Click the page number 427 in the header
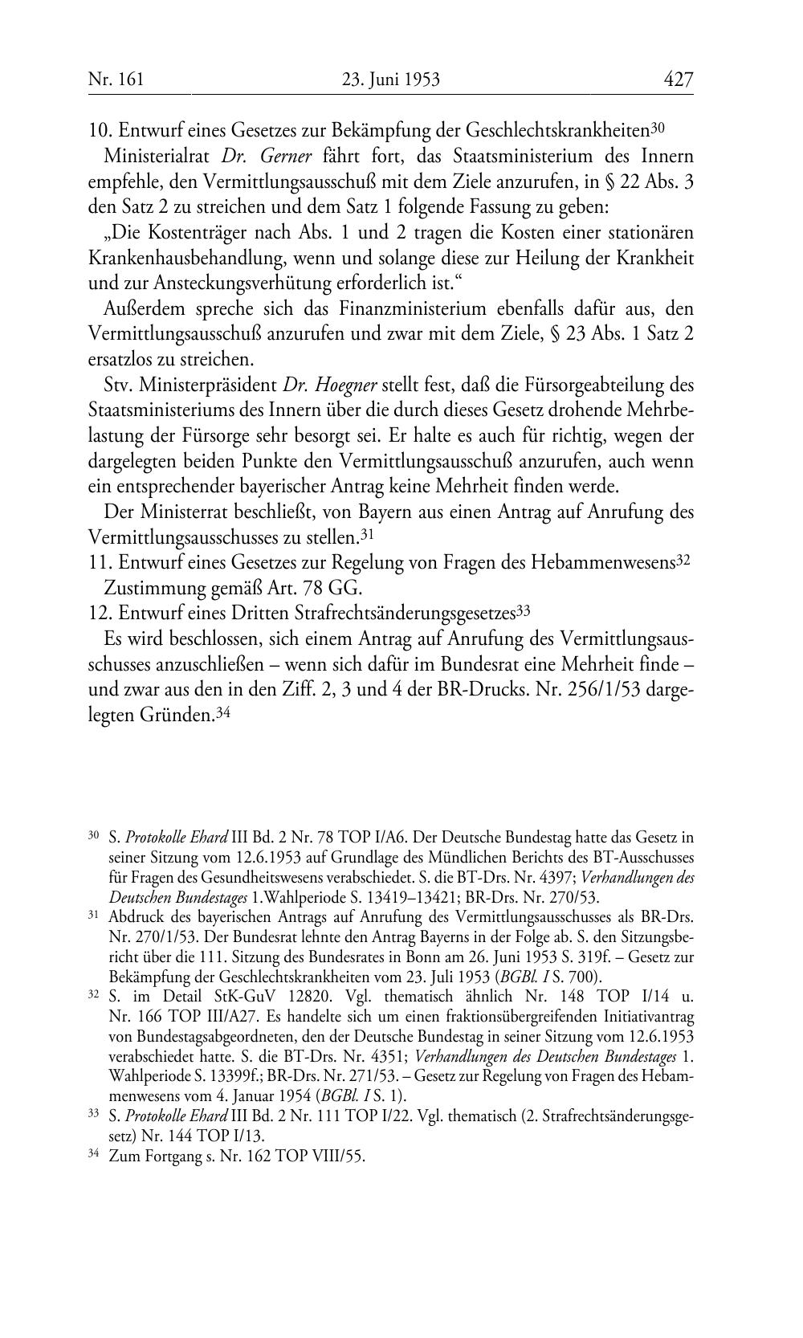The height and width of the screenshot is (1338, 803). click(678, 80)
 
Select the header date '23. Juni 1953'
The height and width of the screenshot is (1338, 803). click(391, 80)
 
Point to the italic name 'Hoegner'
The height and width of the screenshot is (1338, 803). click(330, 385)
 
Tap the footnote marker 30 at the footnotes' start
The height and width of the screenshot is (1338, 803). click(93, 837)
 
